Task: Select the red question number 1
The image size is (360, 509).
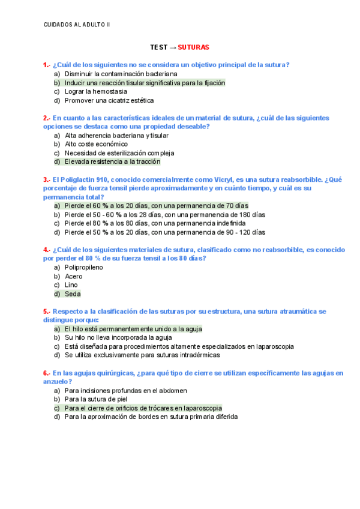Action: click(45, 65)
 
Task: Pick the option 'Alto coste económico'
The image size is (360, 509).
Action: click(96, 144)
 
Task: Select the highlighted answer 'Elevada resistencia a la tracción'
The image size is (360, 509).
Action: click(112, 161)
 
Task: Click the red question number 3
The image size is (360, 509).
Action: click(45, 179)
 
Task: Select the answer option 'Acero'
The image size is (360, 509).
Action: click(74, 276)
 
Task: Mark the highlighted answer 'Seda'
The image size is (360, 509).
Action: click(72, 294)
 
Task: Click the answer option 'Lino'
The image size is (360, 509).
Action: click(71, 285)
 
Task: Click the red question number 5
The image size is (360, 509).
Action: click(45, 312)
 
